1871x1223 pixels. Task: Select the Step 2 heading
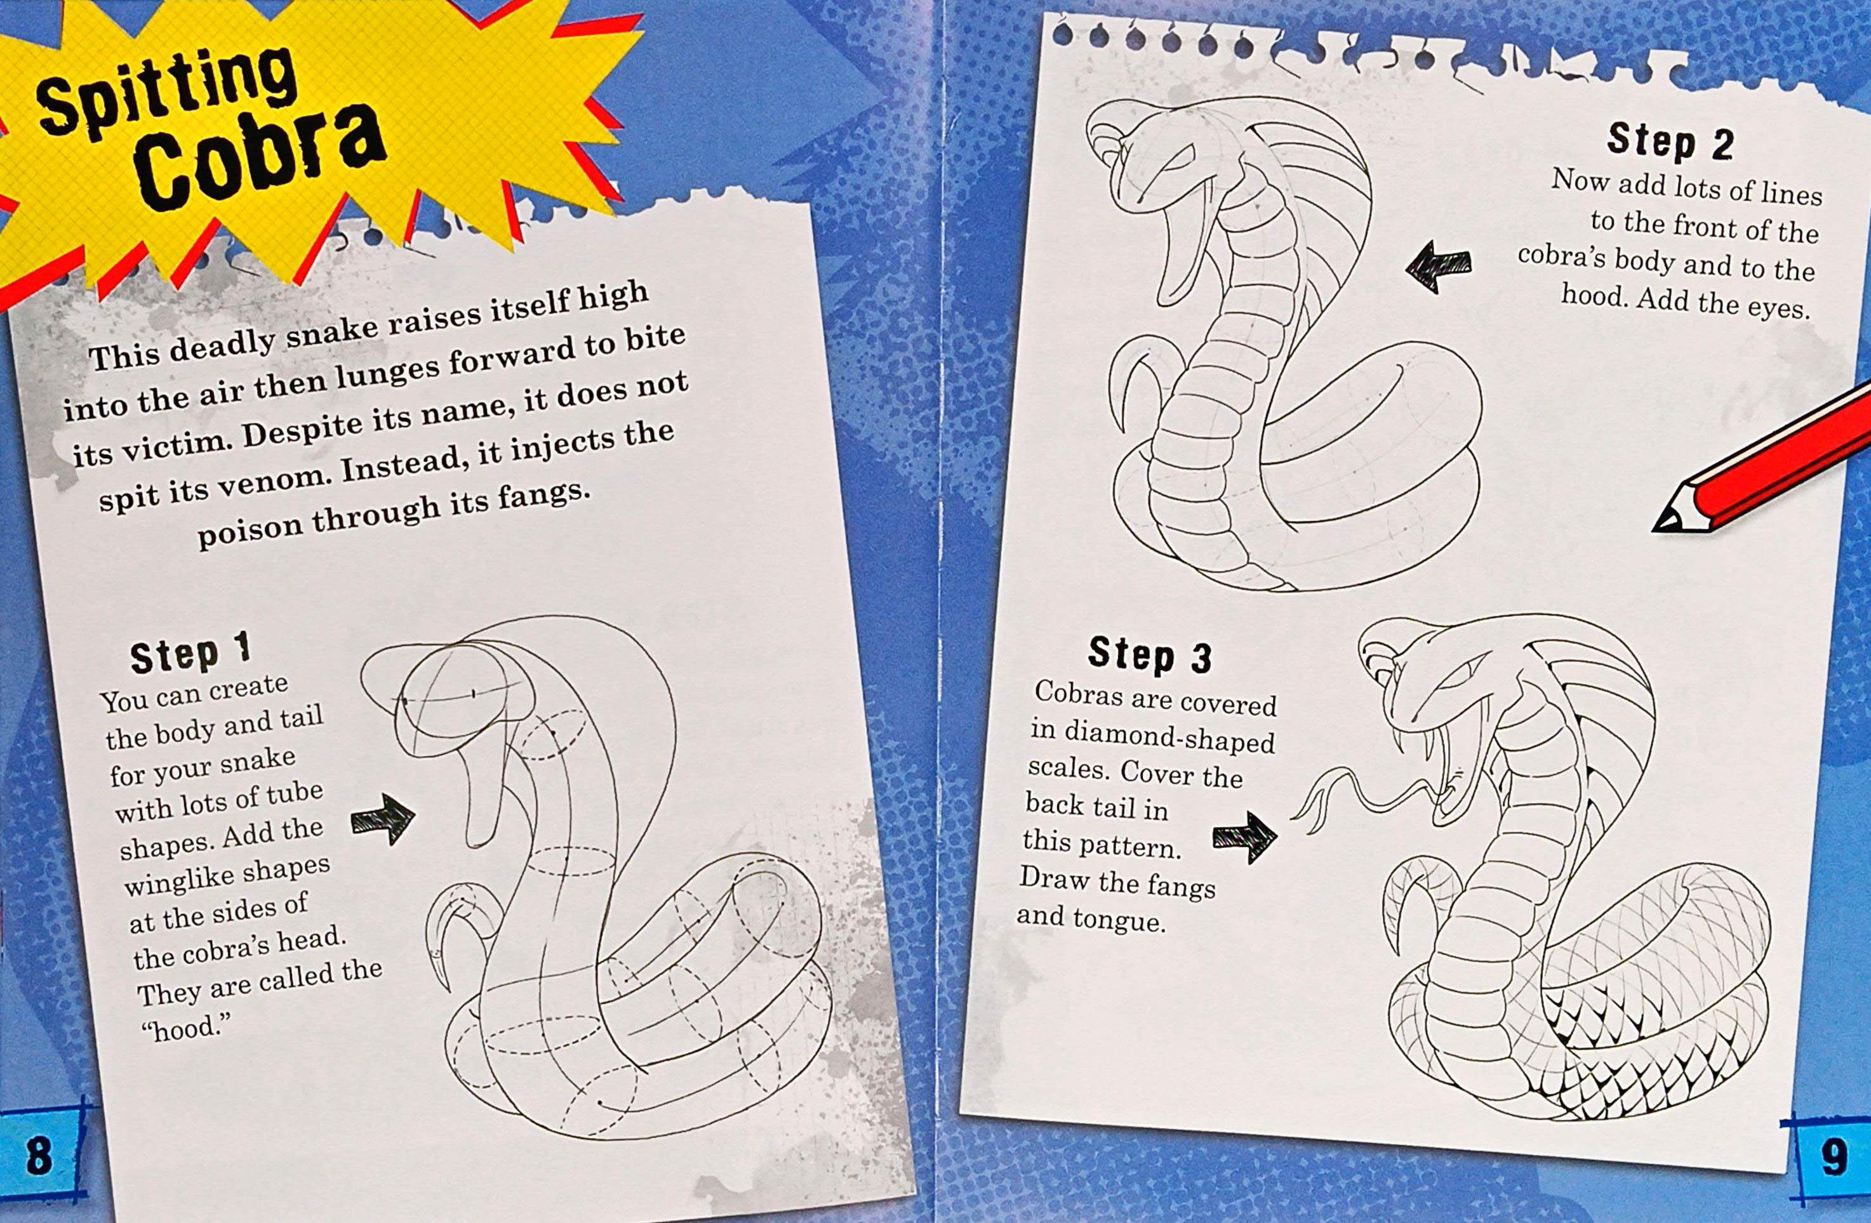tap(1670, 142)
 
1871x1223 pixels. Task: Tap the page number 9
tap(1834, 1157)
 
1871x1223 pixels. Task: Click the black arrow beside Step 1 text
tap(383, 817)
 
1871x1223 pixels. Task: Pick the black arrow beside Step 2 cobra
tap(1438, 266)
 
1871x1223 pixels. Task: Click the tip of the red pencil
tap(1656, 527)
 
